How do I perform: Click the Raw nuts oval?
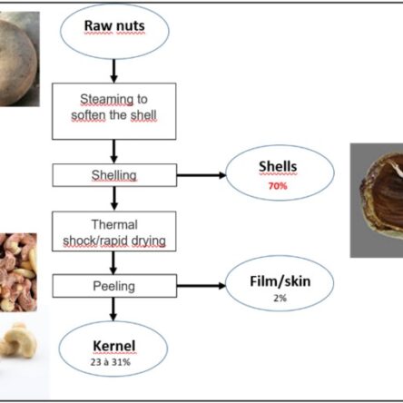(114, 31)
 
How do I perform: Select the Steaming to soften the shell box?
(114, 112)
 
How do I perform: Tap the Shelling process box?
(114, 175)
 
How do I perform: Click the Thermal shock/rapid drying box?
(114, 231)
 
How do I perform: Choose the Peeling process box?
(114, 286)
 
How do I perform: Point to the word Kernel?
(114, 346)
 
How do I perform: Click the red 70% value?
(278, 186)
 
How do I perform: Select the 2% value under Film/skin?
(280, 298)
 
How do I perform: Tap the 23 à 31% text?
(111, 362)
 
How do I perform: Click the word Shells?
(278, 166)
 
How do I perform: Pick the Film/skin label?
(280, 281)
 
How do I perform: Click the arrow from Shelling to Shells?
(201, 175)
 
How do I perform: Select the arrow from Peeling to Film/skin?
(201, 286)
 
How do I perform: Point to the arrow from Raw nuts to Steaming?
(113, 71)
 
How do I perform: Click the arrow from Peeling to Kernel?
(113, 309)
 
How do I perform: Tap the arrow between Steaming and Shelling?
(113, 152)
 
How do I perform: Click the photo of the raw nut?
(20, 59)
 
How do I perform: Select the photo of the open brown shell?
(377, 201)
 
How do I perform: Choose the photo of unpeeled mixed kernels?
(18, 272)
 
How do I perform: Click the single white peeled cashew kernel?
(18, 340)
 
